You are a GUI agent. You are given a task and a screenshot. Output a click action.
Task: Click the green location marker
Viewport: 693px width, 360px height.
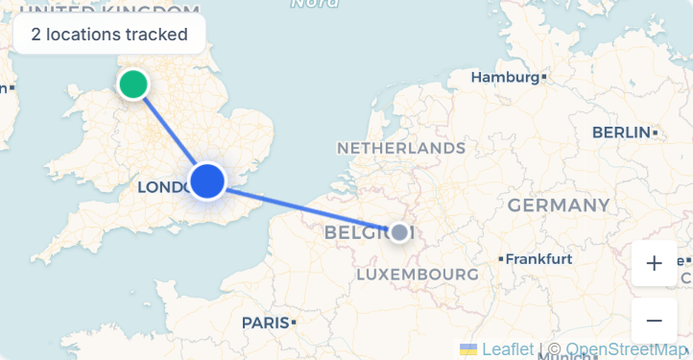tap(132, 84)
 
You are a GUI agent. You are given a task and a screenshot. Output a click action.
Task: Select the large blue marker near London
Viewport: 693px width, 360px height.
tap(207, 180)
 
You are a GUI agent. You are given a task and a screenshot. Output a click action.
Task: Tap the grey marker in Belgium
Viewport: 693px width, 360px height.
tap(400, 231)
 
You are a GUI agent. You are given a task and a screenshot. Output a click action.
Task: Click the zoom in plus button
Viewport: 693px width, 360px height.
tap(655, 263)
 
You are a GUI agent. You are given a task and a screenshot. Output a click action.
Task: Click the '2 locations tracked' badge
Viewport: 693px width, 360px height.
tap(109, 35)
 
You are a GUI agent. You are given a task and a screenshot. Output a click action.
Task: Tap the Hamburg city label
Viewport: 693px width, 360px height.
tap(506, 77)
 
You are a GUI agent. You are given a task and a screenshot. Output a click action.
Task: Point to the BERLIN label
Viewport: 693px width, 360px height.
tap(622, 132)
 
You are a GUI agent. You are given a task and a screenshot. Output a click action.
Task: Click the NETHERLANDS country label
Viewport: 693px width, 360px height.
tap(400, 149)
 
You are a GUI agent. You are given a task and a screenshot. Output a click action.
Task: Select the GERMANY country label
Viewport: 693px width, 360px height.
tap(558, 204)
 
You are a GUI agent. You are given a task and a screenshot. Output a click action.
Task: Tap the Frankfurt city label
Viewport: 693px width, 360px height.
tap(538, 259)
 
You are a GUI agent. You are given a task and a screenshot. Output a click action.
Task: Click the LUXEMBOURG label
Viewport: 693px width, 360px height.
tap(417, 276)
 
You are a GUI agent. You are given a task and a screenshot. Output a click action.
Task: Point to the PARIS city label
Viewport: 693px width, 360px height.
tap(265, 323)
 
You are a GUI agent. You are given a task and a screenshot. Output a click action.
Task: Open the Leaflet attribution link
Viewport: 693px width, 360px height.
tap(508, 349)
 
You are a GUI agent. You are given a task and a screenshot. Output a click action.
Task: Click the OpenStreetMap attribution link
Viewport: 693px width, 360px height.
tap(626, 349)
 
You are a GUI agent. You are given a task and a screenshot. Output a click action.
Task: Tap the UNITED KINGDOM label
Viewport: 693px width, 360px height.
tap(106, 8)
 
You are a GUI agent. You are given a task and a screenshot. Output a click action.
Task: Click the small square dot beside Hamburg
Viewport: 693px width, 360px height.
tap(544, 76)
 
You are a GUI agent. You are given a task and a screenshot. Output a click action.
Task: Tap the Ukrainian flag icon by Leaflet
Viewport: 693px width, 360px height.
tap(468, 349)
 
